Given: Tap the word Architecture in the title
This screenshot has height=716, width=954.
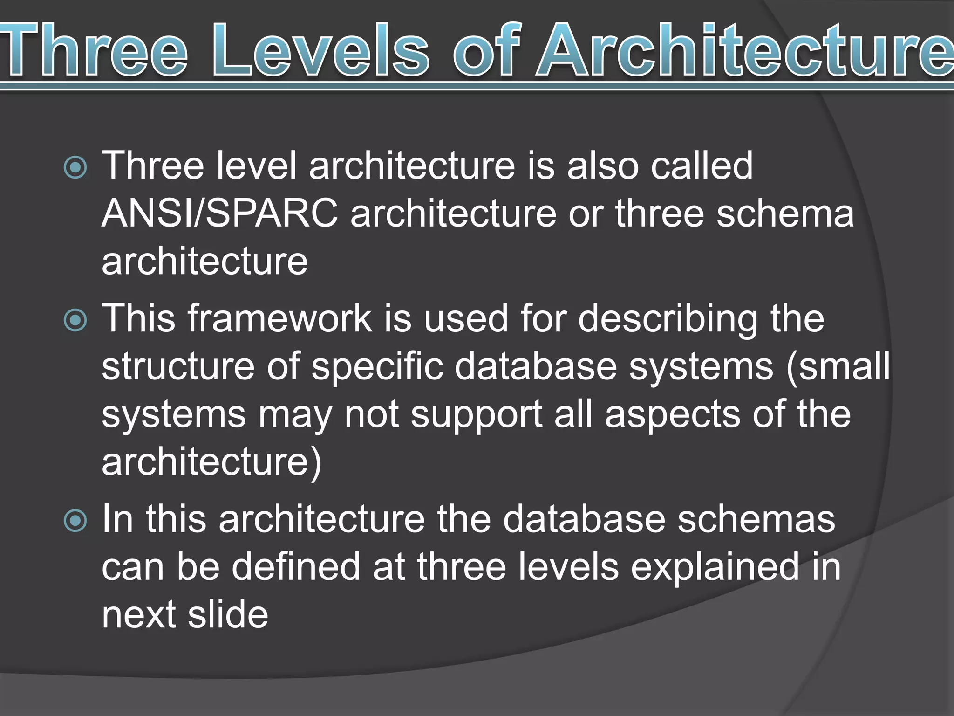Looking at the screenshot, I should click(745, 50).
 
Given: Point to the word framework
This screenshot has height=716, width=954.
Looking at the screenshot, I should click(279, 318).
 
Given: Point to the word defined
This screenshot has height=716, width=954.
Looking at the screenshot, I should click(295, 567).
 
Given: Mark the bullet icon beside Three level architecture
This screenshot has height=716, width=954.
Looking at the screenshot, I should click(75, 167).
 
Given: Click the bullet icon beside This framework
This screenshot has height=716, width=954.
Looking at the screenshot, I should click(75, 320).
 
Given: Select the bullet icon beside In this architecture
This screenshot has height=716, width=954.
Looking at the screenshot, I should click(75, 521).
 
